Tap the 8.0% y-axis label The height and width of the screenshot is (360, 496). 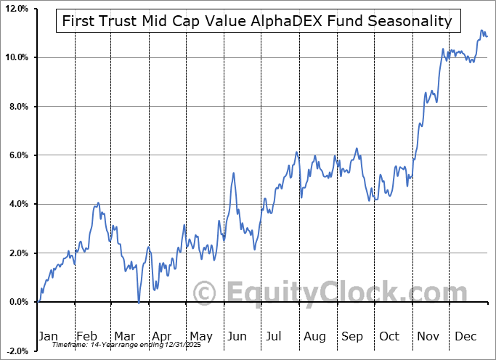(x=17, y=107)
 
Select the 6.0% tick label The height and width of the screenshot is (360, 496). (x=17, y=155)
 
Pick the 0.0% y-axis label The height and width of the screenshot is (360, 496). (x=17, y=302)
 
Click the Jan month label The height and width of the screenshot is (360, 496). (x=47, y=336)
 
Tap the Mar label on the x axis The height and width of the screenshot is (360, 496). (x=124, y=336)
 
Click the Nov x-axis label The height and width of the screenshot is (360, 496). (x=428, y=336)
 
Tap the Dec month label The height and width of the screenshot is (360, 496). (x=465, y=336)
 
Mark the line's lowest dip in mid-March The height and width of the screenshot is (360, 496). (x=139, y=302)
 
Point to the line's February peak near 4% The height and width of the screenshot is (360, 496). (x=98, y=203)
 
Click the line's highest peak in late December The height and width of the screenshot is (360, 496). (x=481, y=30)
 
